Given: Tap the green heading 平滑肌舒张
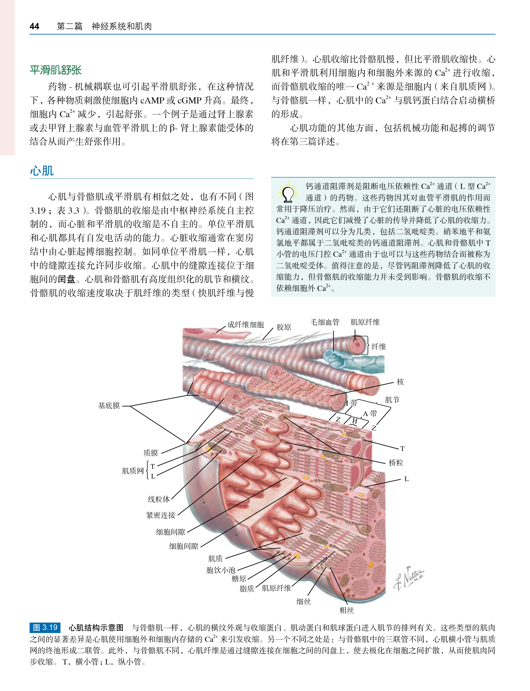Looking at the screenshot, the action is [x=56, y=70].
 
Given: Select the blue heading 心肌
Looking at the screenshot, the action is [x=42, y=171].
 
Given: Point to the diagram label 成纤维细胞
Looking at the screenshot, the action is [x=245, y=325].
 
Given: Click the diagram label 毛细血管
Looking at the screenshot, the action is [x=325, y=322].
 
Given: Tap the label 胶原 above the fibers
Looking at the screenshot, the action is [x=284, y=327].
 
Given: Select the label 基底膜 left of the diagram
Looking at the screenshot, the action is [x=109, y=406].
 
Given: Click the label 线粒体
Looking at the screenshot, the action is [x=159, y=499].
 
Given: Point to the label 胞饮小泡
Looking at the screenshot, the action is [x=221, y=570].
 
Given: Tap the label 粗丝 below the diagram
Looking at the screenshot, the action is [x=346, y=611].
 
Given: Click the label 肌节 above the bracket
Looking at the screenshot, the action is [x=392, y=400].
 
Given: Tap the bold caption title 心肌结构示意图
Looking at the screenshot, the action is [x=96, y=628].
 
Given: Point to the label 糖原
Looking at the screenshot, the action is [x=239, y=579].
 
